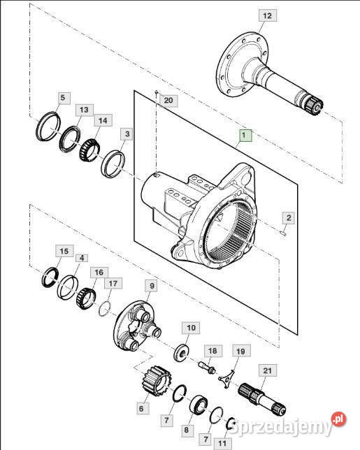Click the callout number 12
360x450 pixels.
tap(267, 15)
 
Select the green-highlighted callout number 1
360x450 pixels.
tap(244, 135)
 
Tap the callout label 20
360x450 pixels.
tap(168, 101)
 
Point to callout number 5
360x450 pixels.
tap(63, 98)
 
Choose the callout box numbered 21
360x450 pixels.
tap(268, 370)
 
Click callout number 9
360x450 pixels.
tap(152, 286)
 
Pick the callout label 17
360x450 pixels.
tap(113, 283)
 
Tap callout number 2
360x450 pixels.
tap(289, 218)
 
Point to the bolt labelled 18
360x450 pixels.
tap(207, 368)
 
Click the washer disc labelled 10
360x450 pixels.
tap(182, 353)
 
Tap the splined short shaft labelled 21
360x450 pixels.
tap(262, 399)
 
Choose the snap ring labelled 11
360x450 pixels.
tap(231, 424)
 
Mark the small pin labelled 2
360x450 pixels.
tap(283, 233)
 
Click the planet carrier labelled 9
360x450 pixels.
tap(137, 326)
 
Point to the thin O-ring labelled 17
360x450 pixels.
tap(105, 308)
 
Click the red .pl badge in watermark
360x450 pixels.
tap(339, 419)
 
